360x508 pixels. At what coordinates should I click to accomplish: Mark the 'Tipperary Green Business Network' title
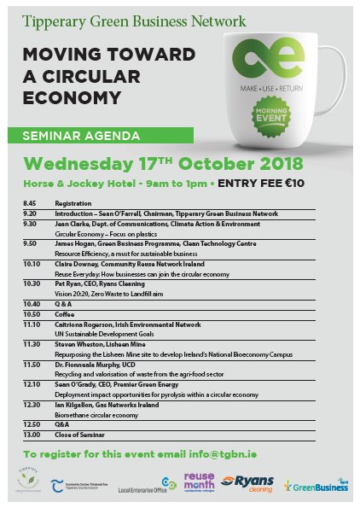[134, 20]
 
